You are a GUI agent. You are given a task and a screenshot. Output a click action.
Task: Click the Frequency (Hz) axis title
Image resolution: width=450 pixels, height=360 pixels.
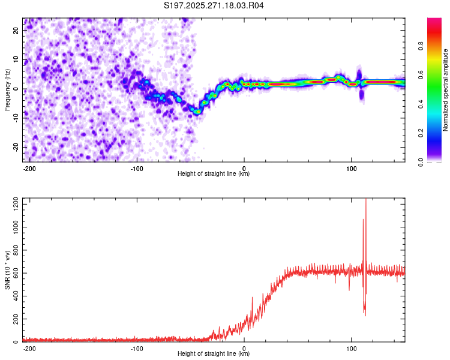point(7,90)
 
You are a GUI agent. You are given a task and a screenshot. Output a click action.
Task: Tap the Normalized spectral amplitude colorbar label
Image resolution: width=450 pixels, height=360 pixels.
point(446,90)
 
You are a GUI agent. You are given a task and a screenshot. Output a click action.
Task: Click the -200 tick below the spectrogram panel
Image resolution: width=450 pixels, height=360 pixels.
point(30,167)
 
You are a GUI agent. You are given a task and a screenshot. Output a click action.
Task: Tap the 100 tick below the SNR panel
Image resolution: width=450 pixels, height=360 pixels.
point(351,348)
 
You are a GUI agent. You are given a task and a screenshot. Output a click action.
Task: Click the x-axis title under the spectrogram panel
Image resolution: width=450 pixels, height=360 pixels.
point(214,174)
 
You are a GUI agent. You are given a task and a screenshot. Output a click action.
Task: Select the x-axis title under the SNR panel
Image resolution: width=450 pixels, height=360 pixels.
point(214,354)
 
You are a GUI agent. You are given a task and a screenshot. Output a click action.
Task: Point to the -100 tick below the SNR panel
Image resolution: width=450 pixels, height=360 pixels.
point(137,348)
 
